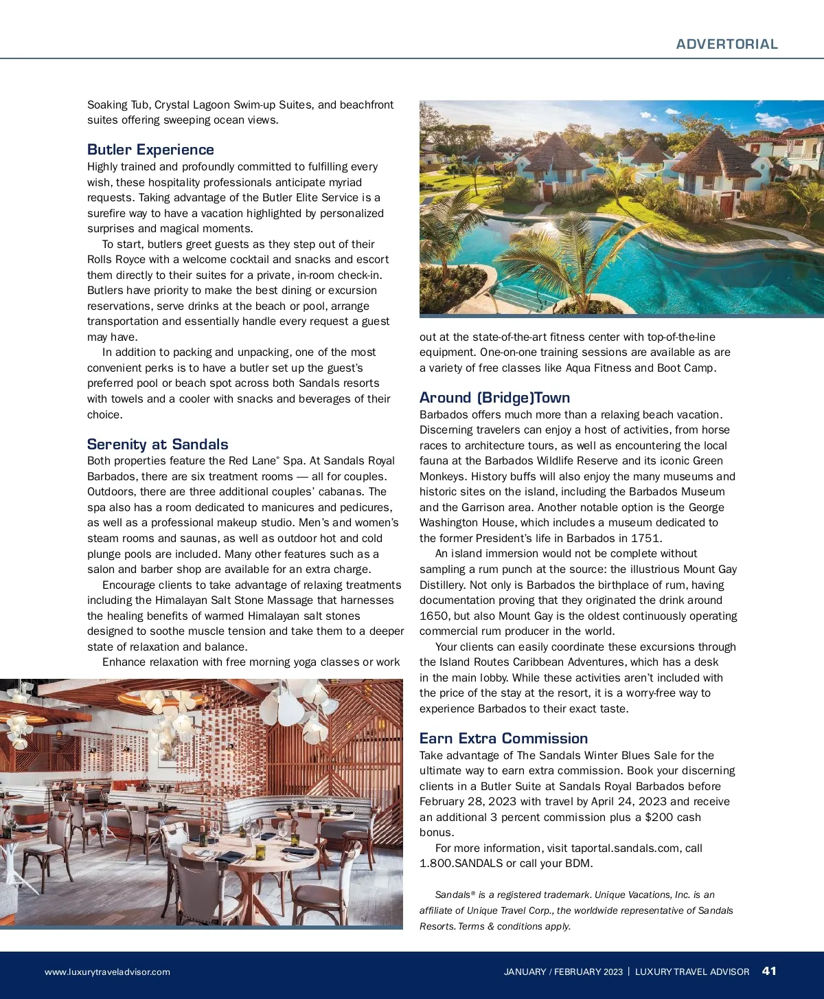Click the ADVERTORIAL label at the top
click(726, 44)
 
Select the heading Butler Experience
click(150, 150)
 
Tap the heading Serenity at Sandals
click(157, 445)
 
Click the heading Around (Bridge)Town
click(494, 398)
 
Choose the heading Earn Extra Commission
click(503, 739)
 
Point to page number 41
click(769, 971)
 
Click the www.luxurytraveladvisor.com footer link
click(107, 972)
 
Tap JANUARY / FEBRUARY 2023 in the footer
click(563, 972)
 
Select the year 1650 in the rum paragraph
click(434, 616)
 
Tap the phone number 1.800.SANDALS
click(461, 864)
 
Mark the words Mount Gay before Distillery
click(707, 570)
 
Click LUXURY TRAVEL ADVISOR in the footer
click(692, 972)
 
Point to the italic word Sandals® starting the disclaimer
click(455, 895)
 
